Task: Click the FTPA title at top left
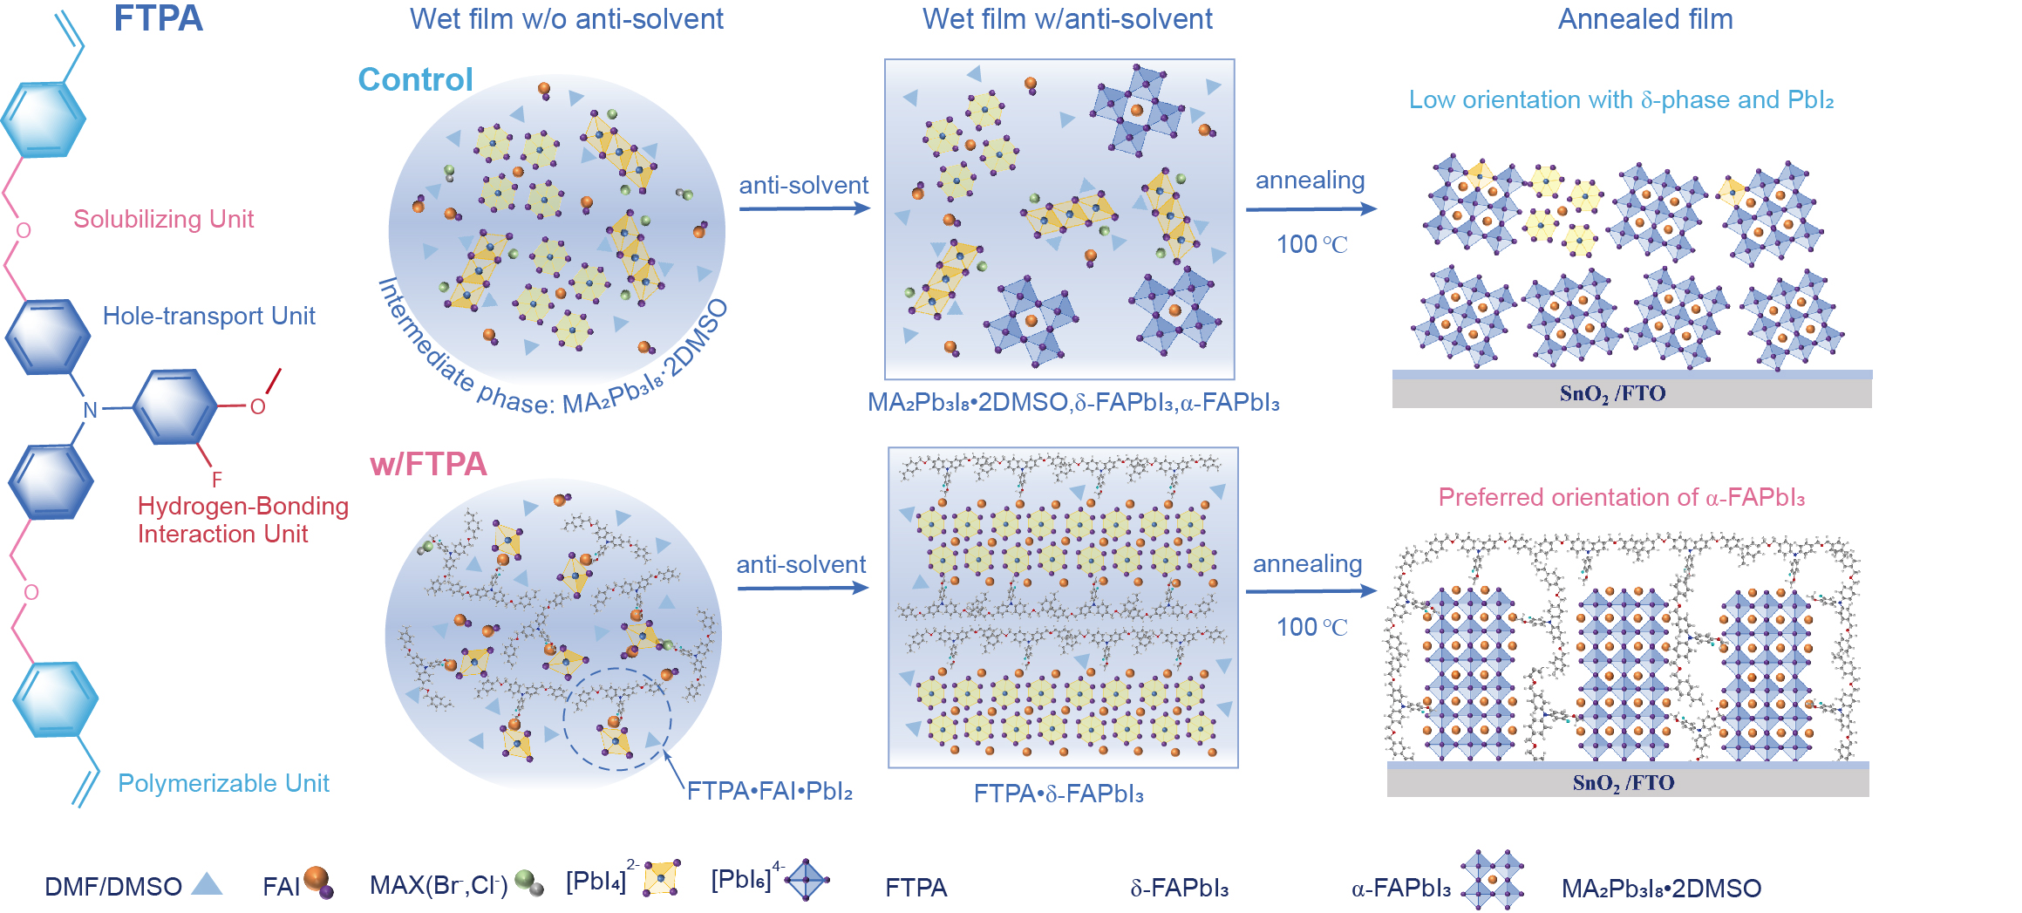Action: pos(158,18)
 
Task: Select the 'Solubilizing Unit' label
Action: pos(163,219)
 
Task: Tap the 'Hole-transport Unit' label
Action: pos(208,316)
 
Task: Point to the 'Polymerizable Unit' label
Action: pos(223,783)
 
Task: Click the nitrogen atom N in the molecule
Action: pos(90,410)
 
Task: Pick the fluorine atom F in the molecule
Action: pos(217,480)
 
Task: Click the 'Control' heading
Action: pos(415,79)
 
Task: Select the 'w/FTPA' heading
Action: pos(428,464)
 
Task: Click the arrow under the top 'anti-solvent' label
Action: pos(804,208)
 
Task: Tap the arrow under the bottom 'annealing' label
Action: pos(1311,591)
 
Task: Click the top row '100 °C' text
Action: pos(1311,244)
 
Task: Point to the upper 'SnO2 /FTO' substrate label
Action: pos(1612,393)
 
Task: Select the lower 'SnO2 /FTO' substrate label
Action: pos(1623,782)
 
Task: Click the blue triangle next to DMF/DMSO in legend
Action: pos(207,884)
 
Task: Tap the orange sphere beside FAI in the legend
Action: pos(316,879)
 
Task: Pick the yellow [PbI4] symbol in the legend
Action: pos(662,877)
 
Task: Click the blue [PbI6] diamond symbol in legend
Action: pos(807,879)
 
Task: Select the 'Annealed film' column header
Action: pos(1645,19)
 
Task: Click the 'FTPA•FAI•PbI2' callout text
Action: pos(769,791)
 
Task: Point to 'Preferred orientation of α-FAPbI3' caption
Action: pos(1621,497)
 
